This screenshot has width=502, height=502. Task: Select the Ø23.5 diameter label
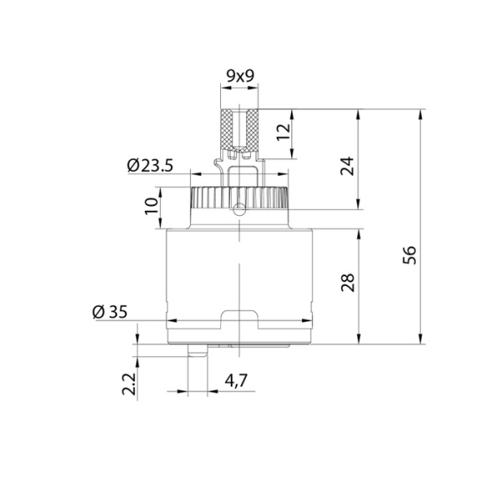150,166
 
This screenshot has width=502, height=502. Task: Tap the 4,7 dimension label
236,382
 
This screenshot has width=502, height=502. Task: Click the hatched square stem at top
241,129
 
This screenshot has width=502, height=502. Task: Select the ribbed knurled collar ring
240,198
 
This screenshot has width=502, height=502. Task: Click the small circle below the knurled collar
240,210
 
